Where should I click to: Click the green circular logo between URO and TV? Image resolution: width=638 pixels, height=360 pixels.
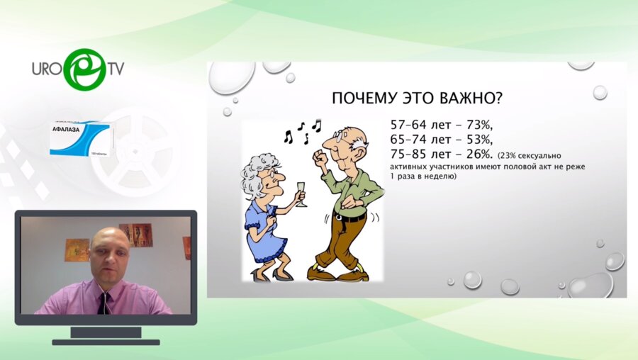click(x=84, y=68)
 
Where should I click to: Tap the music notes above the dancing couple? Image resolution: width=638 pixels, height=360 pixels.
click(x=302, y=131)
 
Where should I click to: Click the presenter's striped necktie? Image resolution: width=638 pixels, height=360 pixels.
click(x=104, y=303)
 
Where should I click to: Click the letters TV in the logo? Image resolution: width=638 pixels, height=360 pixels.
click(x=116, y=69)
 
